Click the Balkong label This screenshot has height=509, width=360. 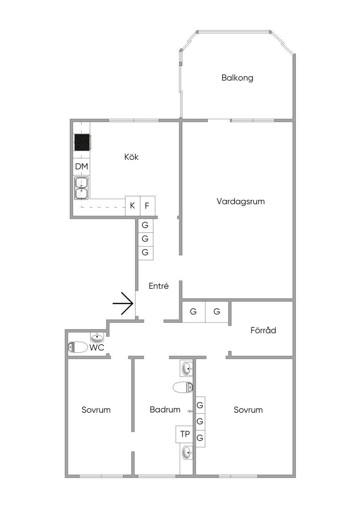pos(237,78)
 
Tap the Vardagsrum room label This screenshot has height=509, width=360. pos(240,201)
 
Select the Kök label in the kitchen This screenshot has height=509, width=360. pos(131,157)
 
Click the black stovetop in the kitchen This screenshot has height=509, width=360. pos(82,142)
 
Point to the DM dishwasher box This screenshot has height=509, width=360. pos(82,167)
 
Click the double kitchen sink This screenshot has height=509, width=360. pos(82,188)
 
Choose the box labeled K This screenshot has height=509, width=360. pos(133,205)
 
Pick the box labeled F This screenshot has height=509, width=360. pos(147,205)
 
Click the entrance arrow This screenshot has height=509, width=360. pos(123,303)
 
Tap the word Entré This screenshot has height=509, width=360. pos(159,286)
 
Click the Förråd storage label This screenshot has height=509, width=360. pos(263,330)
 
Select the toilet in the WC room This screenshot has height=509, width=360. pos(78,347)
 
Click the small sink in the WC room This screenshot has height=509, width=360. pos(97,338)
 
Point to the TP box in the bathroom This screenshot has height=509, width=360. pos(185,434)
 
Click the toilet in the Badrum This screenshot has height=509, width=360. pos(183,387)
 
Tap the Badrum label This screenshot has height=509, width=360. pos(165,410)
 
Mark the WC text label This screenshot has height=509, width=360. pos(97,347)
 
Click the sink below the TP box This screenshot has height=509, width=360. pos(187,453)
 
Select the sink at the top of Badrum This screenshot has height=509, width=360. pos(187,368)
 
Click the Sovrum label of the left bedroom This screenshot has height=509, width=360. pos(96,410)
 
